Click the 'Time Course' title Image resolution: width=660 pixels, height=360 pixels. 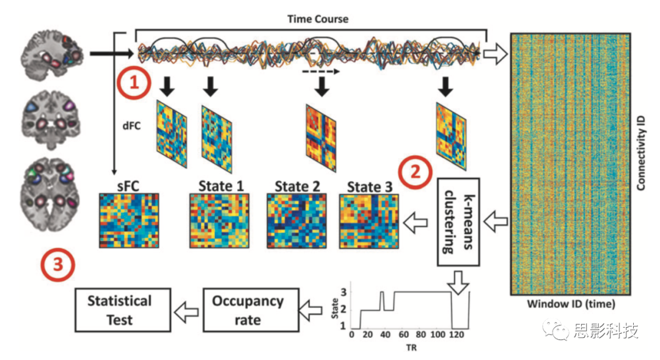(x=318, y=20)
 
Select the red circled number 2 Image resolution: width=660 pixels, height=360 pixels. (x=415, y=171)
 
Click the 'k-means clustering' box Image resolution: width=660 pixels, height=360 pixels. (x=458, y=221)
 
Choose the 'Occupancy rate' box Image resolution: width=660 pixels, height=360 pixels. (x=248, y=310)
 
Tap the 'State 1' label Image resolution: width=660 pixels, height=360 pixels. (x=221, y=185)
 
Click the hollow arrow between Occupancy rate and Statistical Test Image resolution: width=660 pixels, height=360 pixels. (x=186, y=311)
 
